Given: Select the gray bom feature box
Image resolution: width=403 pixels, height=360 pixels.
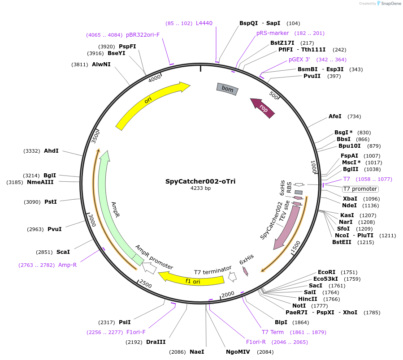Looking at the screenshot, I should [x=227, y=89].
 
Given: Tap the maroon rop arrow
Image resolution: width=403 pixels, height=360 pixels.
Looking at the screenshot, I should [x=263, y=108].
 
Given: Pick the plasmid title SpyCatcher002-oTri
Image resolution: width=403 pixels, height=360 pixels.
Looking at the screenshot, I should [x=200, y=181].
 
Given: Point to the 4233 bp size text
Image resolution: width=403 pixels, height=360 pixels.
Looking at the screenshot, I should [x=200, y=189].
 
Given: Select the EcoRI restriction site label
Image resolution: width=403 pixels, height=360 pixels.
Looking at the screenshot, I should [x=326, y=272].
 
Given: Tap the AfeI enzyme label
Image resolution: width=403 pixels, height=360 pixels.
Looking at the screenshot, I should [x=335, y=116].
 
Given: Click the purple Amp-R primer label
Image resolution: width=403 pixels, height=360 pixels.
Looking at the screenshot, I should [x=67, y=265].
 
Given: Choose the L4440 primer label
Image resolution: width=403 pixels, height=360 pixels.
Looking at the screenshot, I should [x=204, y=23].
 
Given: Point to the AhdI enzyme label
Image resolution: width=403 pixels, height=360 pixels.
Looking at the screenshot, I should [x=51, y=151].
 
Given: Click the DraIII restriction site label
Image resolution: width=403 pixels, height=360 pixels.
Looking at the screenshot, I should [x=156, y=342].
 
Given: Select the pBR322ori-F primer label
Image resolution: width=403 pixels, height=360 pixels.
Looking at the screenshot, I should [x=143, y=34].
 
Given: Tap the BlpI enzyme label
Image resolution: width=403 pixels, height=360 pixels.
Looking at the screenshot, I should [x=281, y=322].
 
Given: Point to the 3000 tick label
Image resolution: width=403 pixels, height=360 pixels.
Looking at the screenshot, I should [x=92, y=220].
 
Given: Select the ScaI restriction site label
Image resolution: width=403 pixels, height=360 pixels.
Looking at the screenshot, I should [x=63, y=252].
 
